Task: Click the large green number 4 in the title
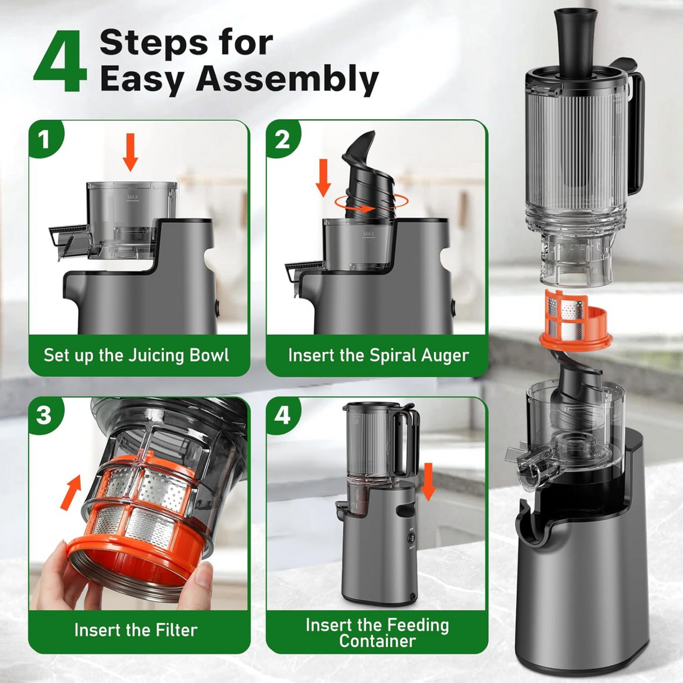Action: point(60,63)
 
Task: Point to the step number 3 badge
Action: point(44,415)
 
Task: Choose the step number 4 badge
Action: point(282,415)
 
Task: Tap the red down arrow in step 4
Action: point(428,481)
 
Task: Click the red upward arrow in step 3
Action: point(71,492)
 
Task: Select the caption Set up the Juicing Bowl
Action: point(136,356)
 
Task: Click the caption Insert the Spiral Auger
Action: point(378,356)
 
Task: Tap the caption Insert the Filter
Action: point(136,630)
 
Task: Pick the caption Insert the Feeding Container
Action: point(377,633)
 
